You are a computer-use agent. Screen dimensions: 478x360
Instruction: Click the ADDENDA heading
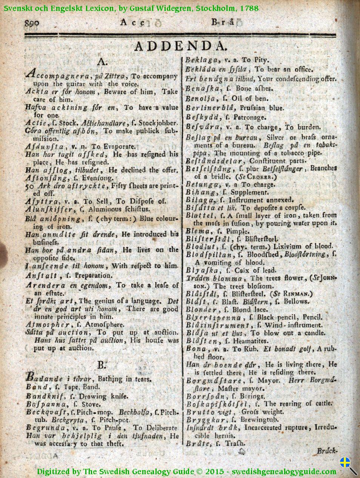click(180, 46)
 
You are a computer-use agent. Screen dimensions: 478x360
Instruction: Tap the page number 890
click(32, 23)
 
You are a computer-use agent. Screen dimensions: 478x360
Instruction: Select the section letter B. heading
click(102, 365)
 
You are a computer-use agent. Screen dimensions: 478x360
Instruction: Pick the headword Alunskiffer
click(45, 209)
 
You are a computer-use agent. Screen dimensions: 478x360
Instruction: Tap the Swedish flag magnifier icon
click(348, 465)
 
